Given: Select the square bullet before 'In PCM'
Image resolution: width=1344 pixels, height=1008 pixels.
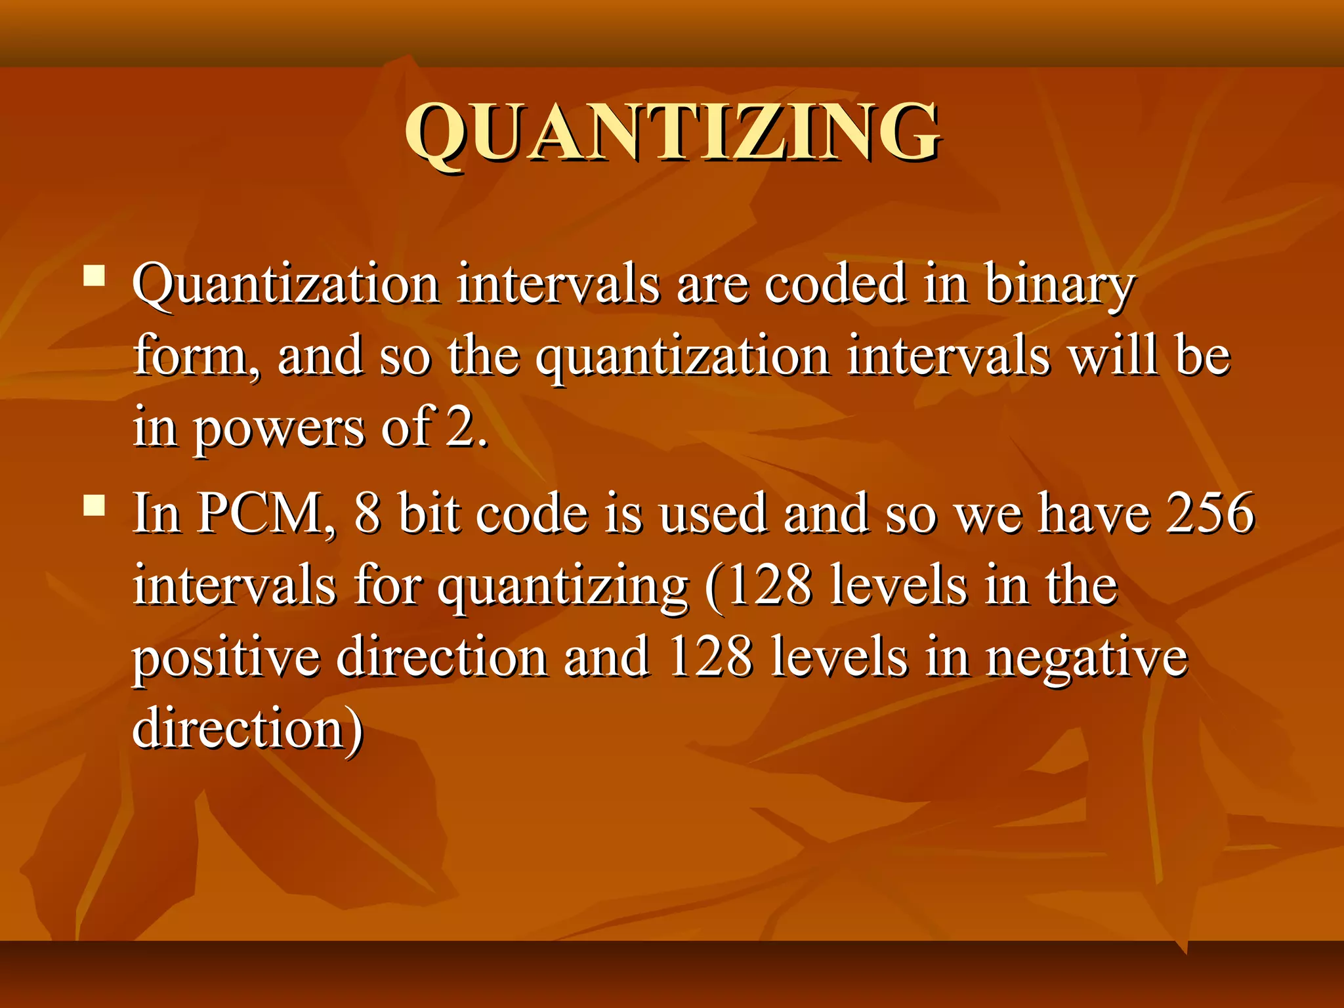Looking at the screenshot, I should click(x=95, y=505).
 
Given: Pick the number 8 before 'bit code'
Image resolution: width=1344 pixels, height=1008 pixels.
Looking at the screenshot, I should click(x=367, y=514).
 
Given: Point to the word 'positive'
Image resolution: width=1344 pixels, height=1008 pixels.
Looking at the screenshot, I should click(x=226, y=658).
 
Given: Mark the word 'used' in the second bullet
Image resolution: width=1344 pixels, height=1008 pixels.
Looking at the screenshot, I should click(x=713, y=514).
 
